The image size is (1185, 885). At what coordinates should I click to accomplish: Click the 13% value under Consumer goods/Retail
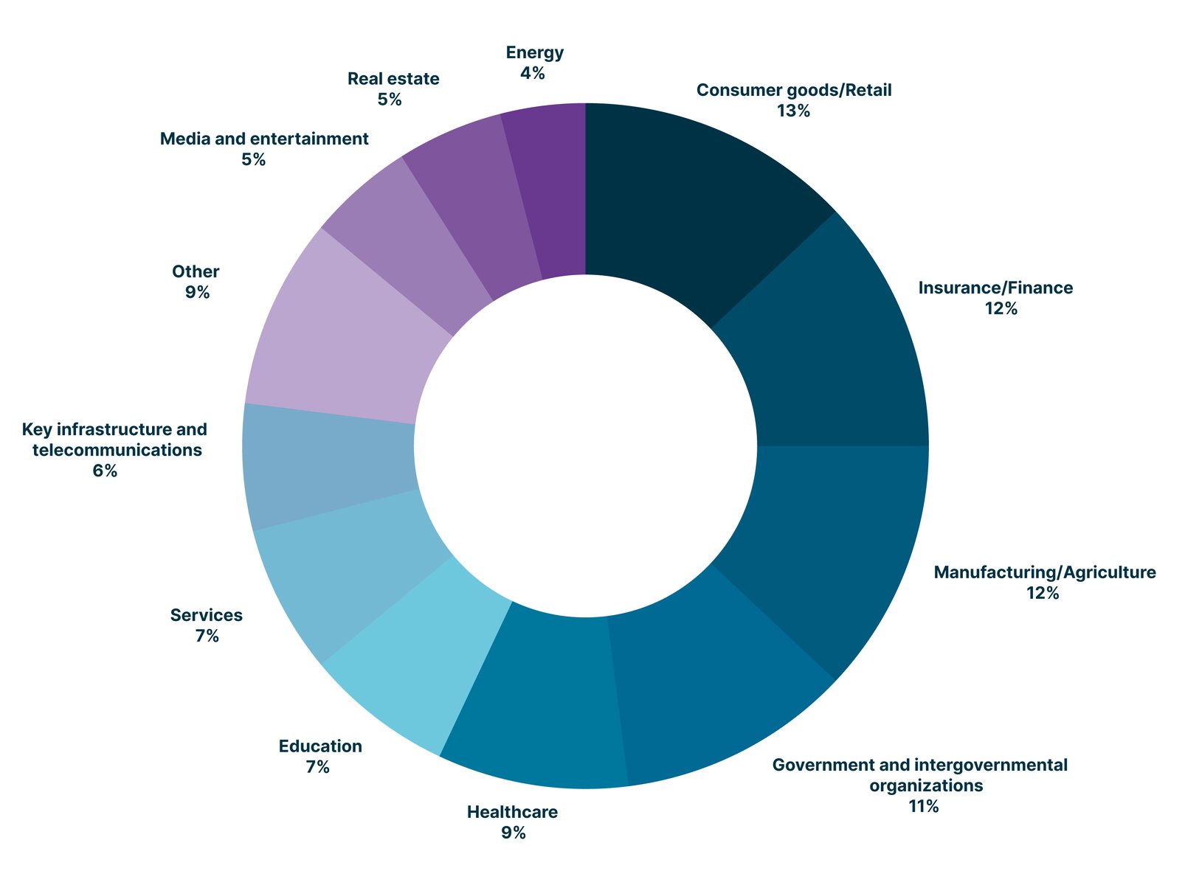pos(793,111)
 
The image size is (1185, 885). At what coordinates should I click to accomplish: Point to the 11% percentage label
pos(923,806)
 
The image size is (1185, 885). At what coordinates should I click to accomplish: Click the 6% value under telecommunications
pos(105,471)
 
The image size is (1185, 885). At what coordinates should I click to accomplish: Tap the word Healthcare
pos(512,813)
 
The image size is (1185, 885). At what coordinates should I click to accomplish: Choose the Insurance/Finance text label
pos(995,288)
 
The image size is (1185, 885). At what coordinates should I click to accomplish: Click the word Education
pos(320,746)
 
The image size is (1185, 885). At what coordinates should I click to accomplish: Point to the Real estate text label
pos(393,78)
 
